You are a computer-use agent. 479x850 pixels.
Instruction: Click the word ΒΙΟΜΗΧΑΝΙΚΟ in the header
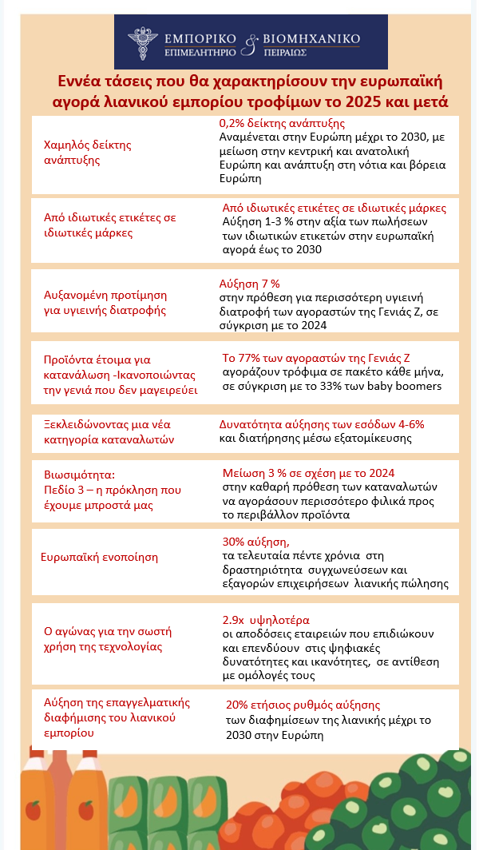(311, 38)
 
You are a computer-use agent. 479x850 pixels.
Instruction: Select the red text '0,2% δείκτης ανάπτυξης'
(282, 124)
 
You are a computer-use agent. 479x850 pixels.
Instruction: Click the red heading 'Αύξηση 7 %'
(249, 284)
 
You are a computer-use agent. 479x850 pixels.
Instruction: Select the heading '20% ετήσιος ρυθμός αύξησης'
(303, 705)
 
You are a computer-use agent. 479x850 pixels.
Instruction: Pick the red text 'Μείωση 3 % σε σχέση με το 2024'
(308, 473)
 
